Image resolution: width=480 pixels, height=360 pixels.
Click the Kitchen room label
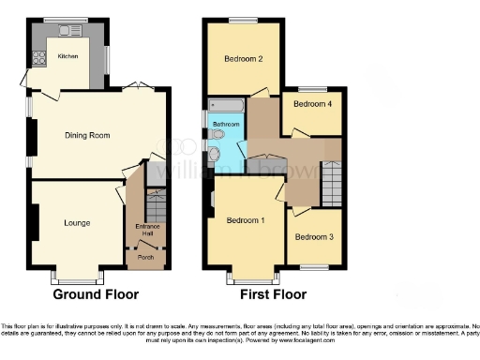point(68,56)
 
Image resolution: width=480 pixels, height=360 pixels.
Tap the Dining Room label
point(87,136)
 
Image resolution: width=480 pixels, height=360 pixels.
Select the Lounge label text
point(77,223)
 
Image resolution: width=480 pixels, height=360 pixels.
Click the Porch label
point(146,257)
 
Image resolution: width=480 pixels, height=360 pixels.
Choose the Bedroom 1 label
point(245,220)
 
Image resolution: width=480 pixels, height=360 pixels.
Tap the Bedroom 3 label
point(313,237)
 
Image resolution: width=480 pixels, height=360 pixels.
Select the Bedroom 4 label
point(311,105)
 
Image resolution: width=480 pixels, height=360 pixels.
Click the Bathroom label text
point(225,124)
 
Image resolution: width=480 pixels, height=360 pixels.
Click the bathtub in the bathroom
point(226,105)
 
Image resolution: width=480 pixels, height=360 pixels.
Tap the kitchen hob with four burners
point(40,58)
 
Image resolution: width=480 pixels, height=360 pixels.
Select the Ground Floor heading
point(89,294)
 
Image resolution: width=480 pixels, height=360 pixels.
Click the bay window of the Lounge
point(77,277)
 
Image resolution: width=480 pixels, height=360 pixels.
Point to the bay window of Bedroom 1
point(251,277)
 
